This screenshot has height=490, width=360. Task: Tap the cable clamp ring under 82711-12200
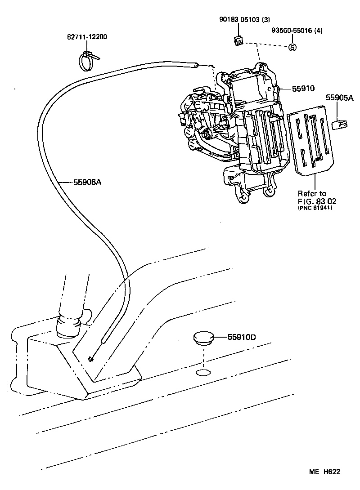tap(87, 62)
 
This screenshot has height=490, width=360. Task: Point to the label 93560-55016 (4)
tap(297, 31)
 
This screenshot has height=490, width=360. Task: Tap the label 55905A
tap(340, 97)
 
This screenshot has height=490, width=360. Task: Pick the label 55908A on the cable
tap(87, 182)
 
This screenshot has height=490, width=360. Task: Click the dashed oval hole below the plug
tap(203, 373)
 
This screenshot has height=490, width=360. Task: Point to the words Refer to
tap(312, 193)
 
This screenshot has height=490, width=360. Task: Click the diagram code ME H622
tap(324, 472)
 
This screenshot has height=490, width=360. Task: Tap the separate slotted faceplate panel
tap(310, 139)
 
